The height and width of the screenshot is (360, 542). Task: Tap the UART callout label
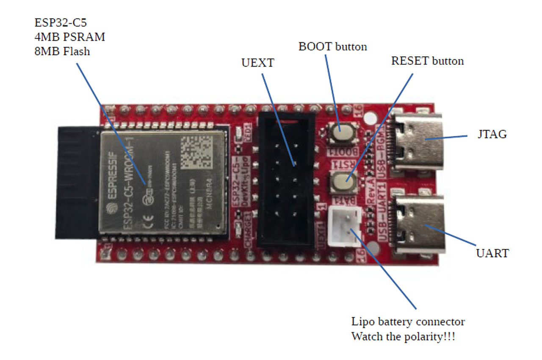(x=492, y=253)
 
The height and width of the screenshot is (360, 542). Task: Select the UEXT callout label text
(x=257, y=63)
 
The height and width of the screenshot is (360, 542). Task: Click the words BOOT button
(x=332, y=47)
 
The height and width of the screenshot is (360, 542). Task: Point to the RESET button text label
(x=427, y=61)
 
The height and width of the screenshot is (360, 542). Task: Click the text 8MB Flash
(x=62, y=51)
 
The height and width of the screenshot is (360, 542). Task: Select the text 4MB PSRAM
(x=70, y=37)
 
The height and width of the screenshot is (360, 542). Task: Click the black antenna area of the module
(x=78, y=182)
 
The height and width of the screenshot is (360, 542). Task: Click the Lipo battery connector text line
(x=408, y=321)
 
